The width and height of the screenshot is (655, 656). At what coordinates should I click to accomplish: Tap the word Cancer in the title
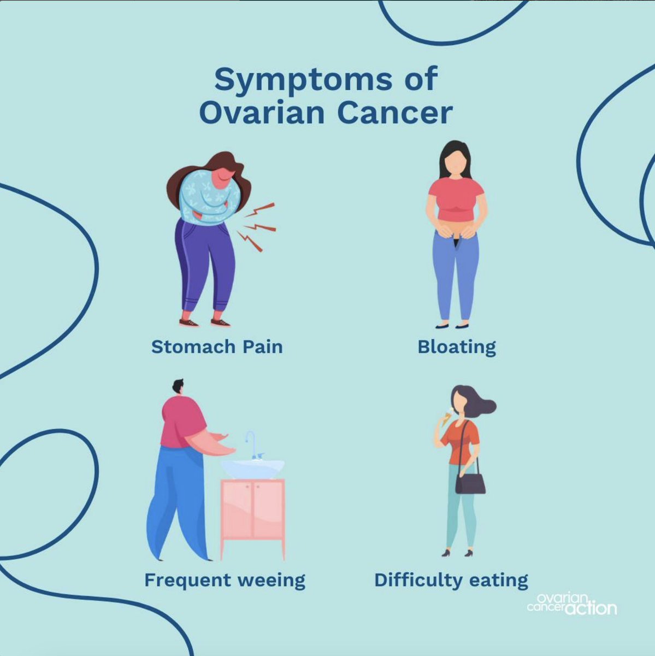coord(394,113)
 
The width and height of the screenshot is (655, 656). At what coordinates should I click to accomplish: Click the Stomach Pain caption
coord(217,347)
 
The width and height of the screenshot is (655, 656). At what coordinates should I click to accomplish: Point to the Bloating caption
coord(457,347)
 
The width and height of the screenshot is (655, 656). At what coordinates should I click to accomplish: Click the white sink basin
coord(253,468)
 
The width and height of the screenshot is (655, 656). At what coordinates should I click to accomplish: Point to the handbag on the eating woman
coord(470,483)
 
